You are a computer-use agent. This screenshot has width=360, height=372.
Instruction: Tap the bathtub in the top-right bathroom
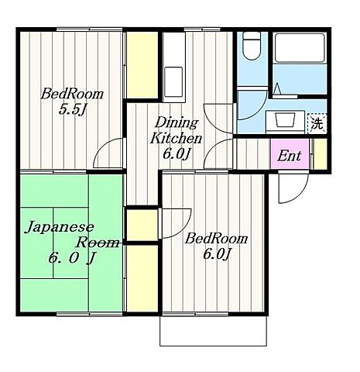coord(300,48)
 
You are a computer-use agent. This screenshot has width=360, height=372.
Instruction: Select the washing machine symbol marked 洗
coord(317,123)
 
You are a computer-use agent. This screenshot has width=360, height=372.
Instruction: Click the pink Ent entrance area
coord(290,154)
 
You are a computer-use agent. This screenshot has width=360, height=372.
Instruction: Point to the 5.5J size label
coord(72,110)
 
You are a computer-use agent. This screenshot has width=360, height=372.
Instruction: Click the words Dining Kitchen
coord(177,130)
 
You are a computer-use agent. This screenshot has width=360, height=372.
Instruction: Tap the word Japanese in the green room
coord(59,227)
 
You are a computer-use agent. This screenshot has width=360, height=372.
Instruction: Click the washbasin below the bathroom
coord(286,119)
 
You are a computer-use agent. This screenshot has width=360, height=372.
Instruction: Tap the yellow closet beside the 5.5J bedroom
coord(142,64)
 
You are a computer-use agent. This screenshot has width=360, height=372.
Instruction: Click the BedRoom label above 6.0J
coord(216,239)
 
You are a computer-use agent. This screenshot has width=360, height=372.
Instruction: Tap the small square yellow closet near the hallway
coord(142,225)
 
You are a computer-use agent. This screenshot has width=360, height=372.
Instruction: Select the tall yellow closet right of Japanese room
coord(142,278)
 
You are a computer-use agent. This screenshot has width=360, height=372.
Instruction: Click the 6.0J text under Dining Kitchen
coord(177,154)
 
